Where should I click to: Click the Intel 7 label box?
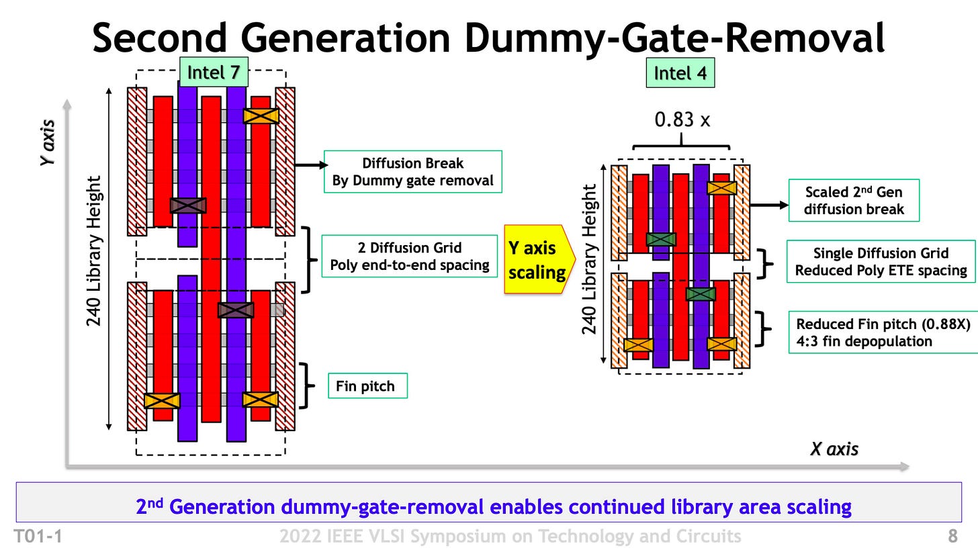[214, 73]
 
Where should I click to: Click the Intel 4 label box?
[680, 73]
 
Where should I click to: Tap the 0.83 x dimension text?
[682, 120]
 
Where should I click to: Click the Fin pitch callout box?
[367, 386]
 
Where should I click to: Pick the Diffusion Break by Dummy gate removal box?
[412, 172]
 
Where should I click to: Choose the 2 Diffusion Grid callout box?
[409, 256]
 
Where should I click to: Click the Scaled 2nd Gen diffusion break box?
[853, 200]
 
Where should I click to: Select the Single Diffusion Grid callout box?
[881, 261]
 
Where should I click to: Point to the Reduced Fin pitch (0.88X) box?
[883, 332]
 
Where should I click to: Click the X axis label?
[834, 449]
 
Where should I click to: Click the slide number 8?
[952, 536]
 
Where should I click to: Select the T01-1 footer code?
[39, 536]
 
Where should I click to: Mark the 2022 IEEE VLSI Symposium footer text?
[510, 536]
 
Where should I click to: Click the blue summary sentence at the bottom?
[493, 506]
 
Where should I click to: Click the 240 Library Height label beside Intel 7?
[94, 250]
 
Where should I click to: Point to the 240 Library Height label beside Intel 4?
[589, 259]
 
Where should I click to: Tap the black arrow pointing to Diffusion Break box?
[311, 165]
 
